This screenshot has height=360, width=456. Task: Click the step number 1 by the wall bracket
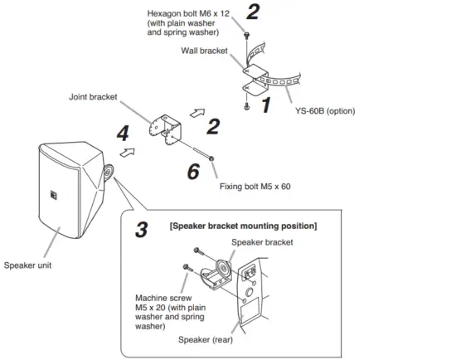(x=265, y=105)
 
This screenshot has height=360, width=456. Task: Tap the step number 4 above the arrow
(x=123, y=133)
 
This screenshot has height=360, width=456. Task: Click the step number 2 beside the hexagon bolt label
(x=252, y=12)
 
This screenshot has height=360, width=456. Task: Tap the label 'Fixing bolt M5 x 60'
(x=255, y=187)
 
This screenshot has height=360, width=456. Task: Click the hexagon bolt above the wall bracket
(x=246, y=33)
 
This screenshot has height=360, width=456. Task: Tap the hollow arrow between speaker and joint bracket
(x=127, y=153)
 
